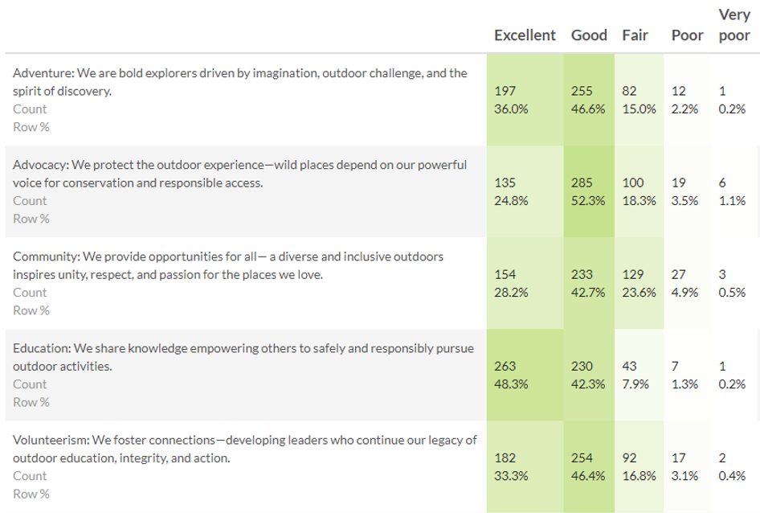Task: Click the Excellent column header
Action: click(x=525, y=35)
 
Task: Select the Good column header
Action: click(x=589, y=35)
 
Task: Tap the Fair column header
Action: click(x=635, y=35)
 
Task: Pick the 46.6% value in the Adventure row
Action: click(x=588, y=109)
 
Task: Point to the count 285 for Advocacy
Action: click(x=582, y=183)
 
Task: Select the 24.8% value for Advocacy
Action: click(x=511, y=201)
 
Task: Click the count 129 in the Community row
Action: click(x=633, y=275)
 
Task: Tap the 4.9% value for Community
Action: click(x=684, y=293)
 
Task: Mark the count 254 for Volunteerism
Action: click(x=582, y=458)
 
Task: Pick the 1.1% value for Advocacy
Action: click(x=732, y=201)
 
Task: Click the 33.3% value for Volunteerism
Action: click(x=511, y=476)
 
